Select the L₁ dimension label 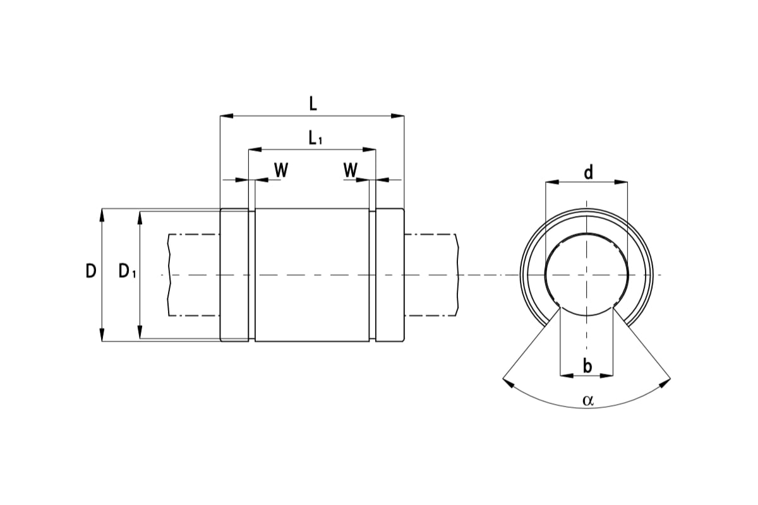click(315, 138)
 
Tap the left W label click(281, 170)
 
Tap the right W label click(351, 170)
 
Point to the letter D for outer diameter click(91, 271)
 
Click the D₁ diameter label click(127, 272)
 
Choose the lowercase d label click(588, 172)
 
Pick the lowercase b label click(587, 365)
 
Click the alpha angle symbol click(588, 400)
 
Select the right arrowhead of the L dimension click(397, 116)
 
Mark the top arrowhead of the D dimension click(102, 215)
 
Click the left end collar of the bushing click(234, 275)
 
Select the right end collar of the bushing click(390, 275)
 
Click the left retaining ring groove click(251, 275)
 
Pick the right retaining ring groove click(372, 275)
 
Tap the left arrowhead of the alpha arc click(507, 381)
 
